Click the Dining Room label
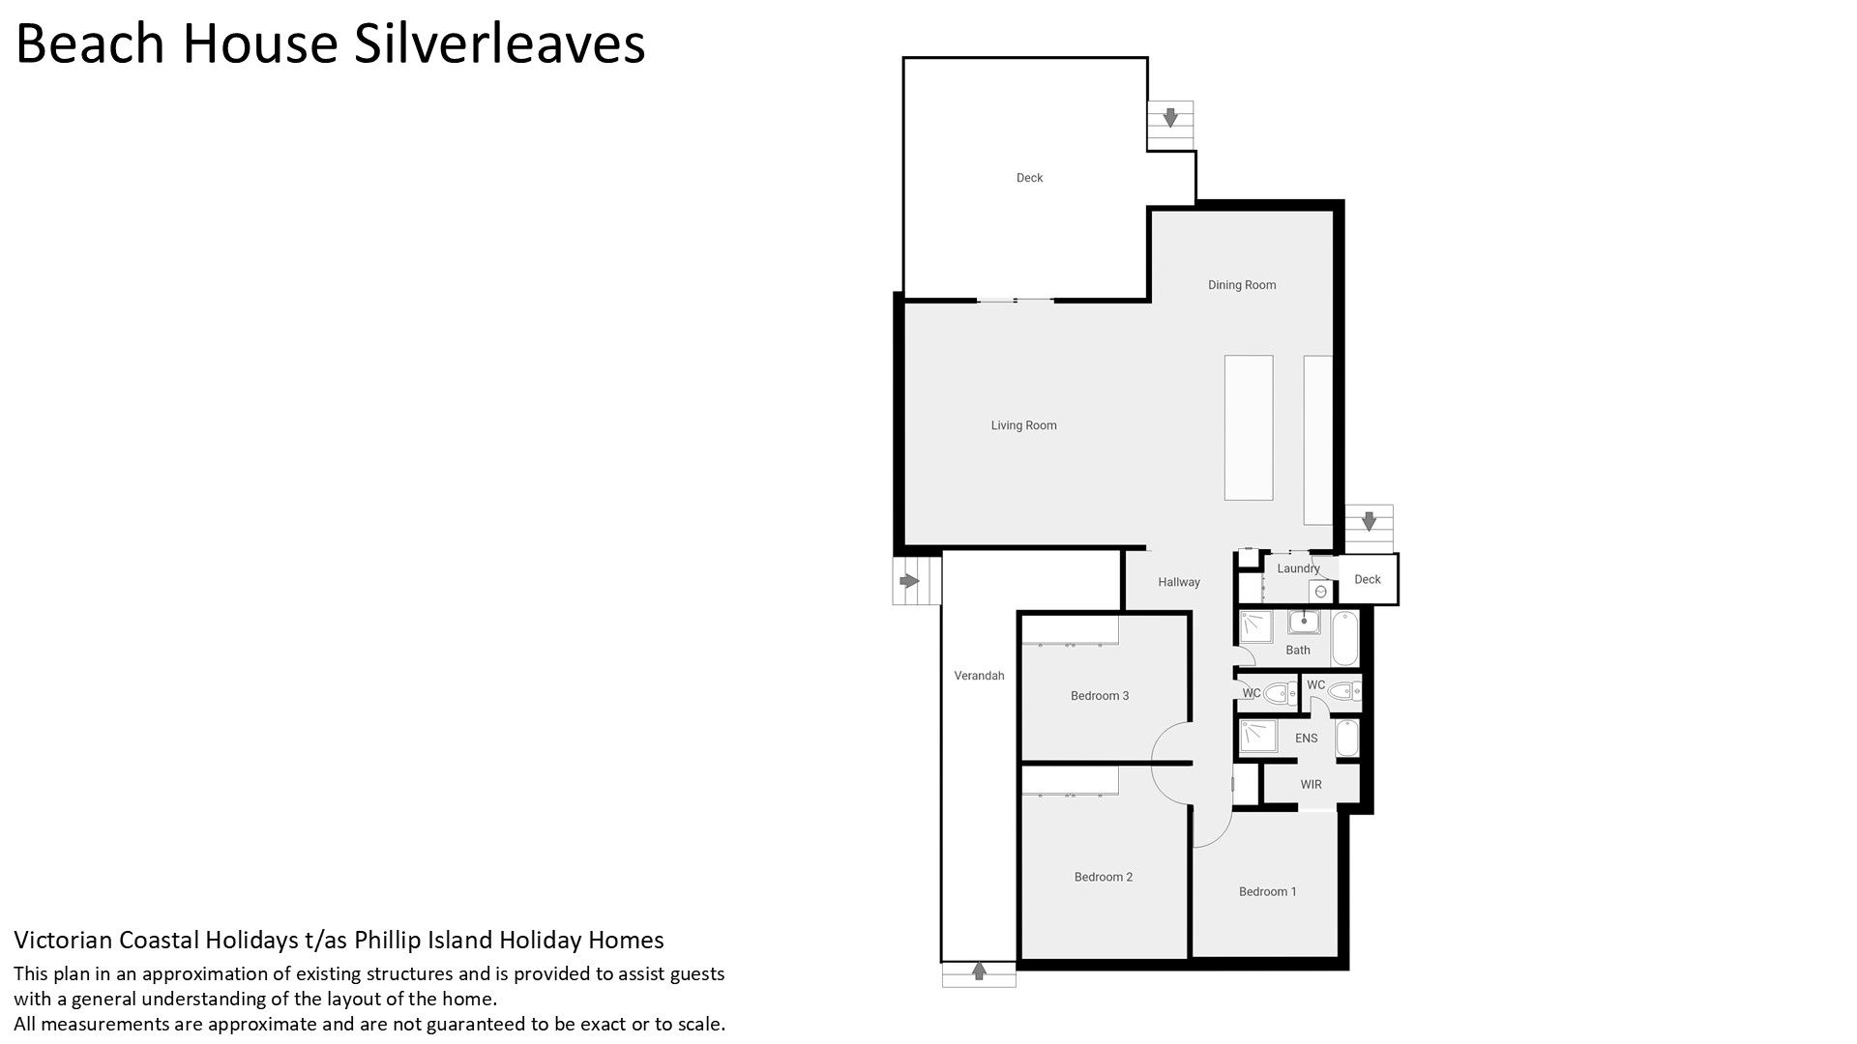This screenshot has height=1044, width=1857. coord(1242,285)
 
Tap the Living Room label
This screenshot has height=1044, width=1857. coord(1023,425)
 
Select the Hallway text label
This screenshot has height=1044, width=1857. coord(1179,582)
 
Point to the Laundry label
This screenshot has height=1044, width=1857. coord(1298,568)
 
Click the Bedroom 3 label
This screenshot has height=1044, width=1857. coord(1100,696)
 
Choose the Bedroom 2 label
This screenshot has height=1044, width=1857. coord(1104,878)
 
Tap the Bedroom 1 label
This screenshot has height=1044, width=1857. coord(1268,892)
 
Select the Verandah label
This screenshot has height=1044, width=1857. coord(979,676)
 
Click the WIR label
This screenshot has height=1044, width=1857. coord(1311,785)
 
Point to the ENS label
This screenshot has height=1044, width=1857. coord(1307,739)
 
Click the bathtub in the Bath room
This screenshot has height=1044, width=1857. coord(1345,638)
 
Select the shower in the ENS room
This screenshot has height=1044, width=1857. coord(1259,737)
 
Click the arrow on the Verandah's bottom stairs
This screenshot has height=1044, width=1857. coord(979,970)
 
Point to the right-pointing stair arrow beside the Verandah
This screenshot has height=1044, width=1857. coord(908,581)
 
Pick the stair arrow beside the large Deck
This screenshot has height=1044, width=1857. coord(1170,118)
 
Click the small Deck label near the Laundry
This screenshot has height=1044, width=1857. coord(1368,580)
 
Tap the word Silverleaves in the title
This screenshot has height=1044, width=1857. coord(499,44)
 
